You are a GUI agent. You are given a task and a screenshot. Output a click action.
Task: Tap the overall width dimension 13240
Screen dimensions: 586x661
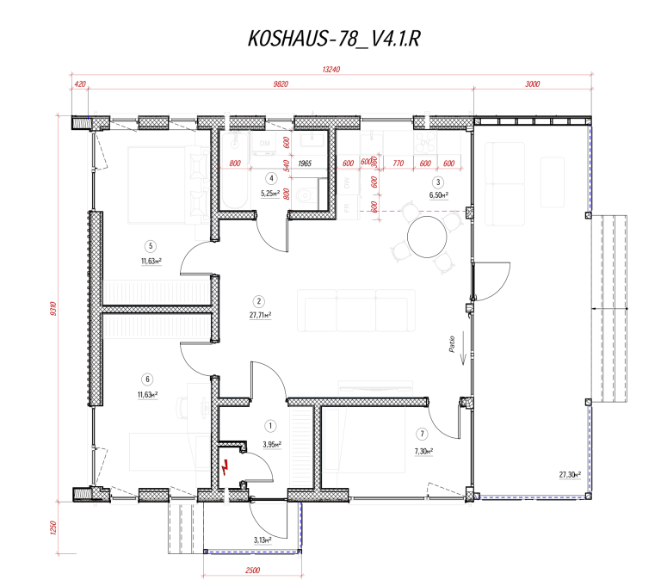point(330,69)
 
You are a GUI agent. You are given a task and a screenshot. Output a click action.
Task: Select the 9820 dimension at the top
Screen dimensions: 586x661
point(279,84)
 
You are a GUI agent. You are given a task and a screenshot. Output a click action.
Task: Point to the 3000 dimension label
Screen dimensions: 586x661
point(531,84)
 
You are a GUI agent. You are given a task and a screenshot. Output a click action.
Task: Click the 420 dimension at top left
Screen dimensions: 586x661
point(80,84)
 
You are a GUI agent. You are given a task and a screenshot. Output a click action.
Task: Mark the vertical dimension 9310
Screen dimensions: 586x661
point(53,307)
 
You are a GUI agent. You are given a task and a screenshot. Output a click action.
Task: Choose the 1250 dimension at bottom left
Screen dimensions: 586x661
point(53,526)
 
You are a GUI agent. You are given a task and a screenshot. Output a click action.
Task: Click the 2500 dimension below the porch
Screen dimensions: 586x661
point(252,571)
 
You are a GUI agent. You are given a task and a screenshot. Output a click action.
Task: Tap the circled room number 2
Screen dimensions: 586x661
point(258,301)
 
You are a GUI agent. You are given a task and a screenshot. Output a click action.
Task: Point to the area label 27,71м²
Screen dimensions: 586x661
point(259,315)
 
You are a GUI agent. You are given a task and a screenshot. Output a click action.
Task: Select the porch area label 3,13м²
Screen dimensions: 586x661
point(263,540)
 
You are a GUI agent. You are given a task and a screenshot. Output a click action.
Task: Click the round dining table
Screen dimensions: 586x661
point(426,237)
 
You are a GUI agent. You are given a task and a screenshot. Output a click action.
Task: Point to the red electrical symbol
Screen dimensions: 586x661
point(225,467)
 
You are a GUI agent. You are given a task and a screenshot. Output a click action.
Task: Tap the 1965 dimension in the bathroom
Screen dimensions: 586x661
point(304,163)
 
